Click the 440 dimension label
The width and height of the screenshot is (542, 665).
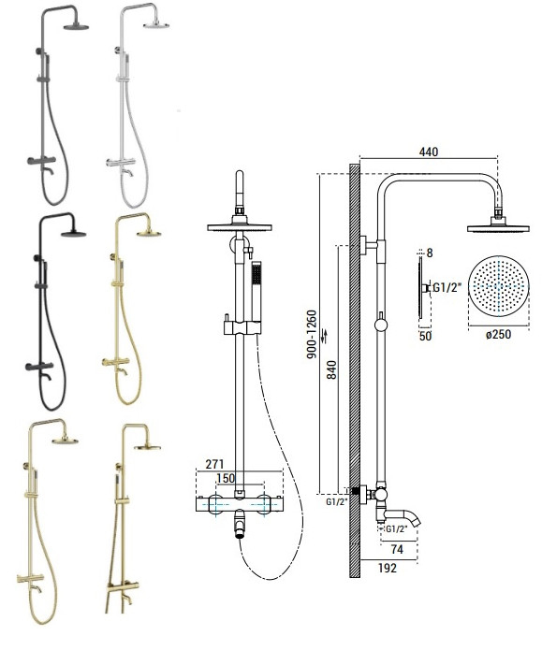click(x=428, y=152)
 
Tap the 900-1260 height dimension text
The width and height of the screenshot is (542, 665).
click(x=312, y=335)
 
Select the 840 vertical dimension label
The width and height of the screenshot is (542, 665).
click(x=332, y=369)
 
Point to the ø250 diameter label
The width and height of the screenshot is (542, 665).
click(x=498, y=334)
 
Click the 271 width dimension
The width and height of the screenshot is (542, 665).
click(x=214, y=464)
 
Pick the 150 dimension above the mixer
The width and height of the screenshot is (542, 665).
click(x=226, y=478)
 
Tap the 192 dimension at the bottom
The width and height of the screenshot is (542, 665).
click(x=388, y=568)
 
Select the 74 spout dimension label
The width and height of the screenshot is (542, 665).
click(x=397, y=549)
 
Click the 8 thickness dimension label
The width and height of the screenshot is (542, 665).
click(x=430, y=253)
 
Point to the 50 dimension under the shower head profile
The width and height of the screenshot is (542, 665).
click(x=425, y=336)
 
